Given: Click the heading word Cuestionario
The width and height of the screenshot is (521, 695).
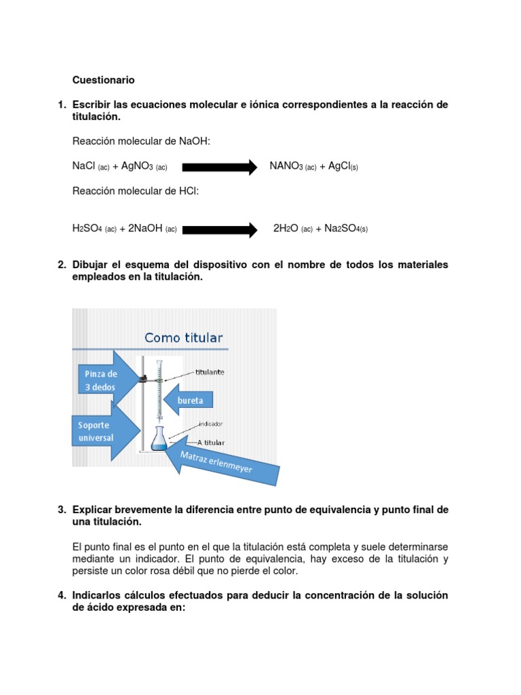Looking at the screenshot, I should (103, 80).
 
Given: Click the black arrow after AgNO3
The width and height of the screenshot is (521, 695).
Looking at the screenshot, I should (218, 167).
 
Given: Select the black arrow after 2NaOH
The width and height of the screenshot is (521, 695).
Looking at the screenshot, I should (220, 229).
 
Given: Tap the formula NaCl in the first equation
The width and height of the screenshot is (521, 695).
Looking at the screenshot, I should (83, 166).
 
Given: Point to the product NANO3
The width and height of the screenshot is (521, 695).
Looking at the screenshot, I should (286, 166).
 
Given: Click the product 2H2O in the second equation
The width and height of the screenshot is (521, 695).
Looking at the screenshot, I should (286, 229).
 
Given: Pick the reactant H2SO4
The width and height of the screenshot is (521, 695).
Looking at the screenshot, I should (87, 229).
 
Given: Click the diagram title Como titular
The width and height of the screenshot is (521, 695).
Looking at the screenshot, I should (183, 337).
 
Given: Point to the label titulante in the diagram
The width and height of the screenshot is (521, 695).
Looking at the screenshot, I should (210, 372).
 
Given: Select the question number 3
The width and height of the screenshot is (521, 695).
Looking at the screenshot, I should (61, 509).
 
